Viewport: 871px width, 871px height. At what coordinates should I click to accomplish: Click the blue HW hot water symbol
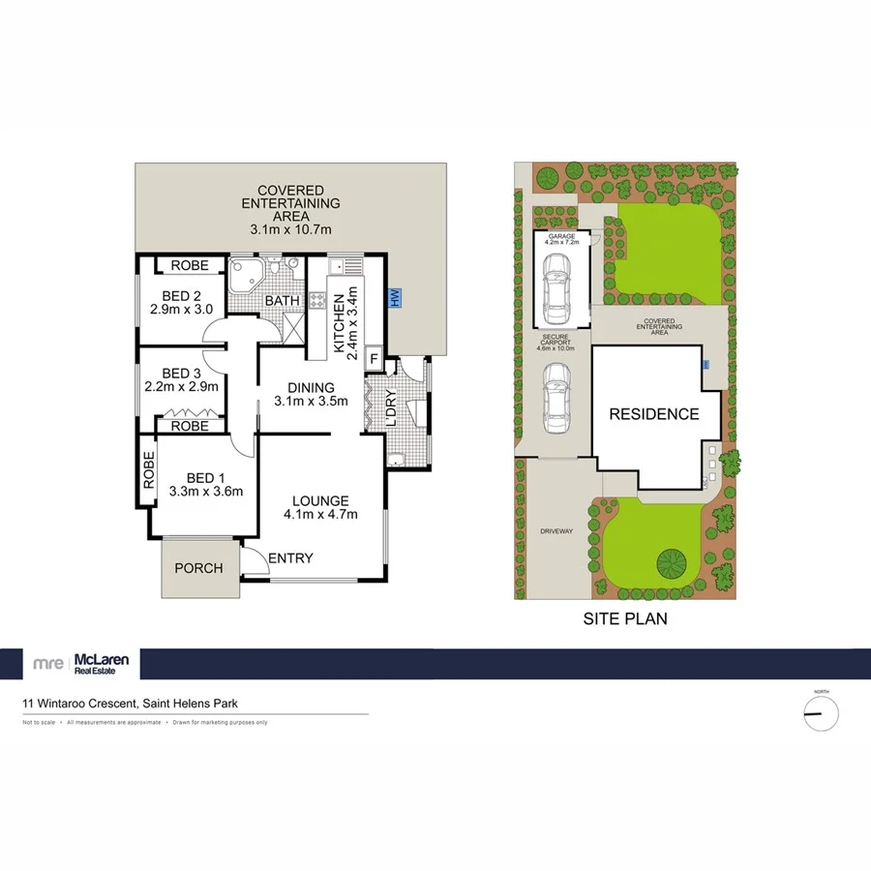point(394,299)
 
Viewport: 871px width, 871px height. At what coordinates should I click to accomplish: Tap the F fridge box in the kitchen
point(374,359)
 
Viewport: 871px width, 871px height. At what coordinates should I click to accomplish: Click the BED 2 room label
point(181,296)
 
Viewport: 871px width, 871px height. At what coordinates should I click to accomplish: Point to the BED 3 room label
point(181,373)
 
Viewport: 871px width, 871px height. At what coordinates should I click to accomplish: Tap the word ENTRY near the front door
point(290,557)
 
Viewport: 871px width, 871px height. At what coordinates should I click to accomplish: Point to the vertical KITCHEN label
point(339,319)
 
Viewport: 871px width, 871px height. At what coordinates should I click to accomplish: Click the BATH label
point(283,301)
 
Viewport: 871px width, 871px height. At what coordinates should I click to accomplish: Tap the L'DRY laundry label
point(391,409)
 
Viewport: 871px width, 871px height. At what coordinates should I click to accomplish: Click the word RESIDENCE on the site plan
point(653,414)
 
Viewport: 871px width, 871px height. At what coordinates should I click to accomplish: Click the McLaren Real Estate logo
point(86,664)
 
